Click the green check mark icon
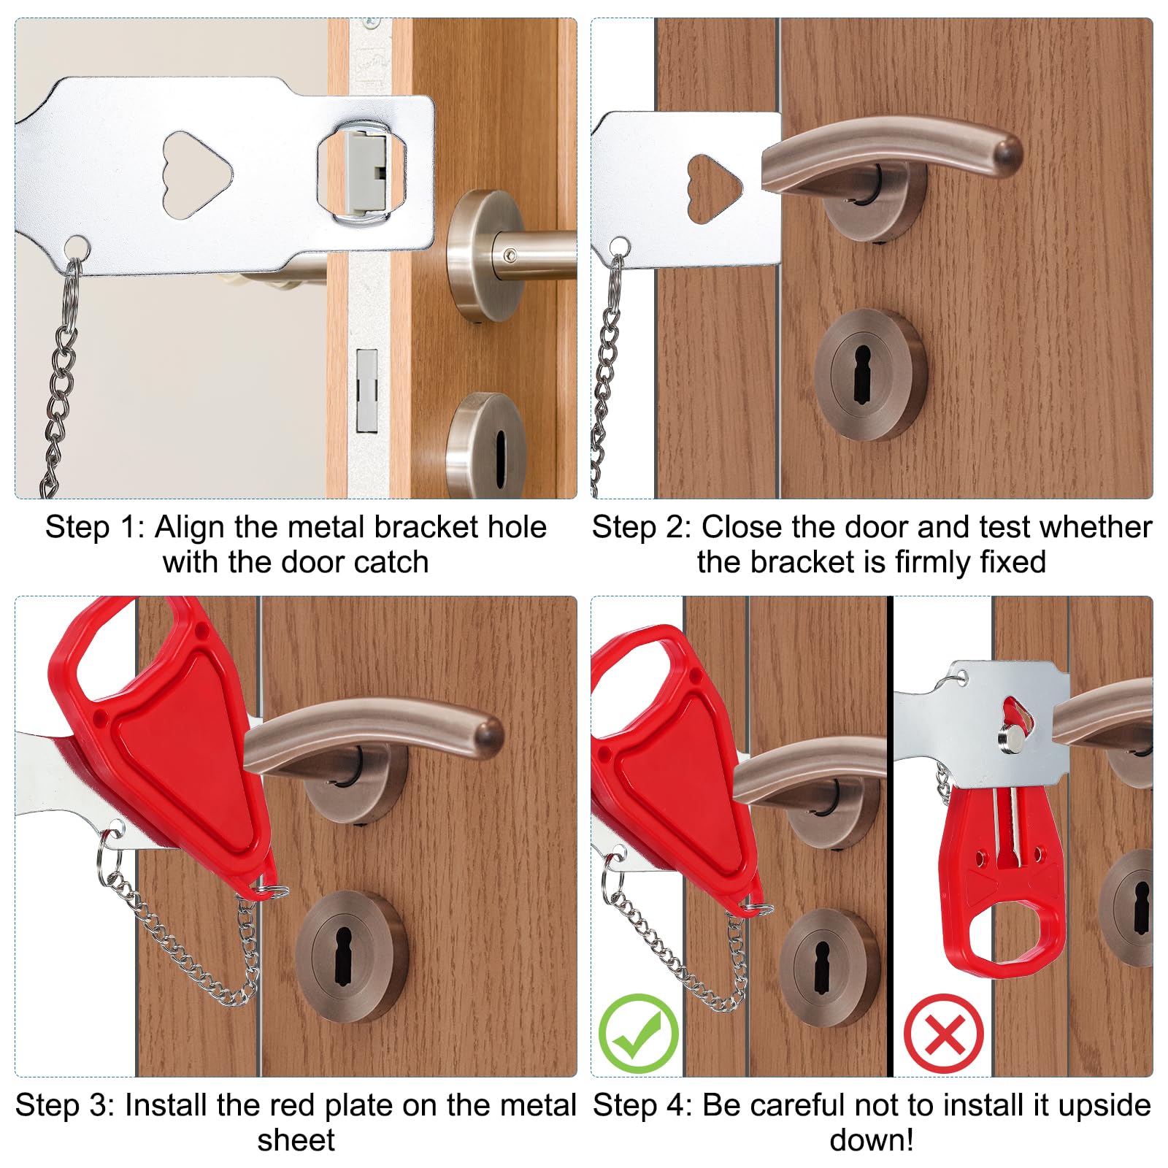click(x=639, y=1033)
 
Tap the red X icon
click(x=944, y=1033)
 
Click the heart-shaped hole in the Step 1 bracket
click(x=196, y=174)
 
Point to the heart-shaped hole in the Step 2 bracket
click(x=714, y=188)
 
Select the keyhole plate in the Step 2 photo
click(x=870, y=374)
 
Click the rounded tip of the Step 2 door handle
click(x=1003, y=154)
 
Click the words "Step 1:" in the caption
click(x=96, y=527)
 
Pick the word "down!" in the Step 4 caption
click(x=872, y=1140)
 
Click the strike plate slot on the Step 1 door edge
click(x=367, y=391)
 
